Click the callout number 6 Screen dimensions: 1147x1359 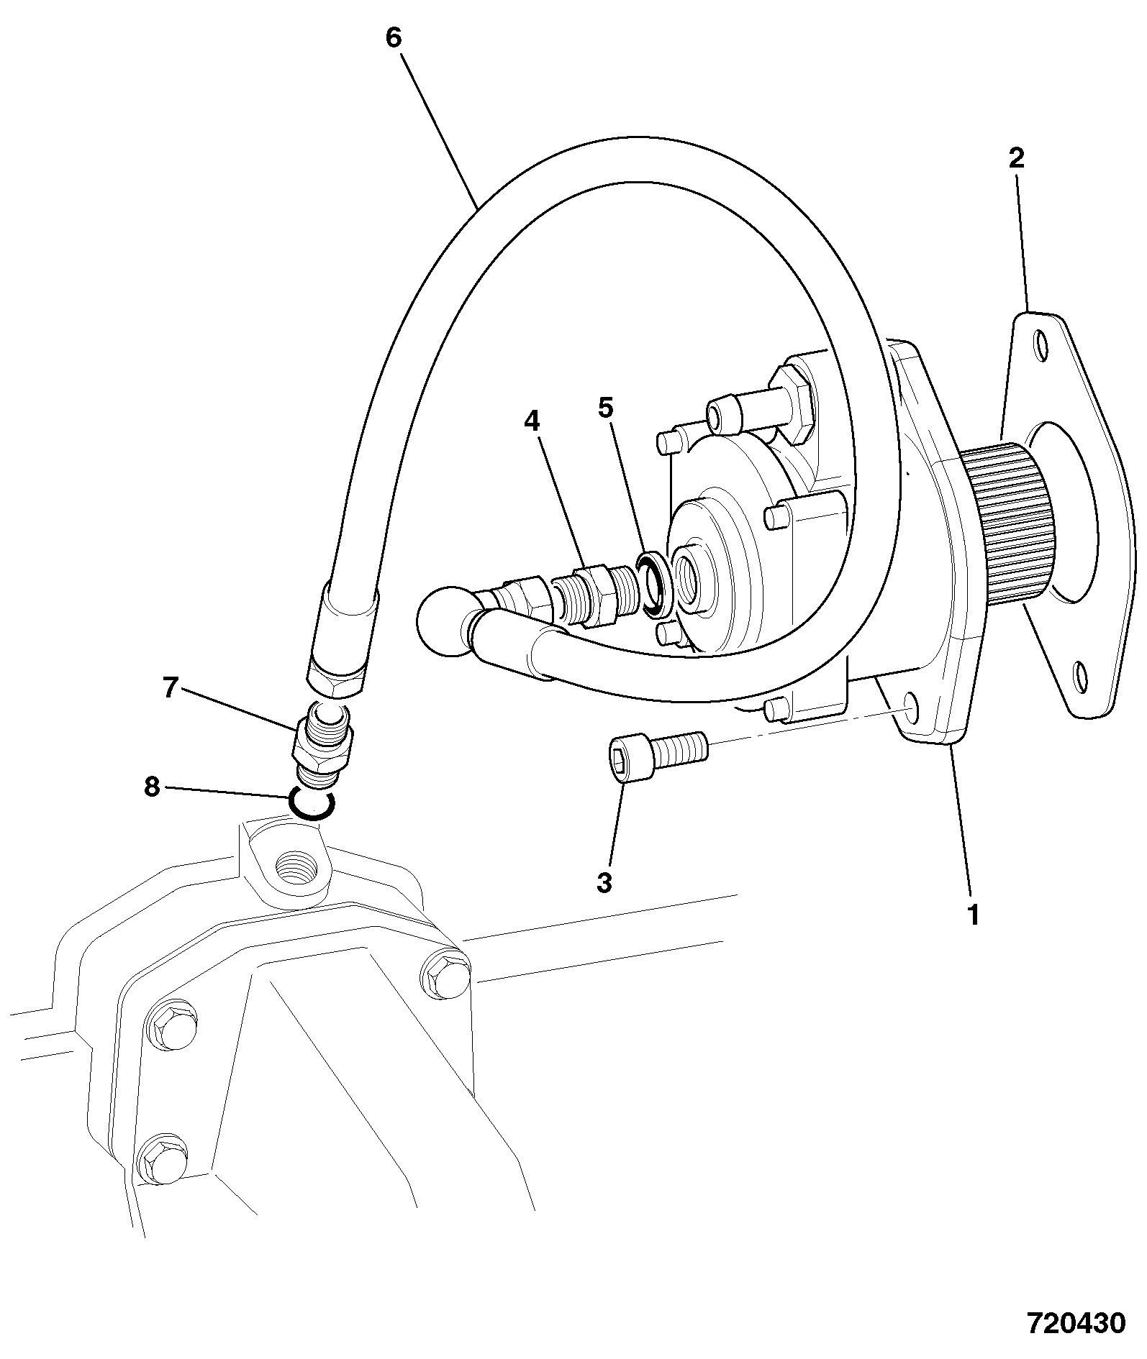coord(393,37)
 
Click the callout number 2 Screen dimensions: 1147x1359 coord(1016,157)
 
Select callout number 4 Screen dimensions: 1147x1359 coord(531,421)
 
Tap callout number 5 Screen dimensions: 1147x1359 coord(606,408)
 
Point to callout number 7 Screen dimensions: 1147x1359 coord(170,688)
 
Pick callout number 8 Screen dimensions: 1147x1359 coord(151,787)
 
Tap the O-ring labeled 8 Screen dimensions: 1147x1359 coord(311,804)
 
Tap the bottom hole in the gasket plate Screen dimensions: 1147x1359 coord(1080,677)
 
